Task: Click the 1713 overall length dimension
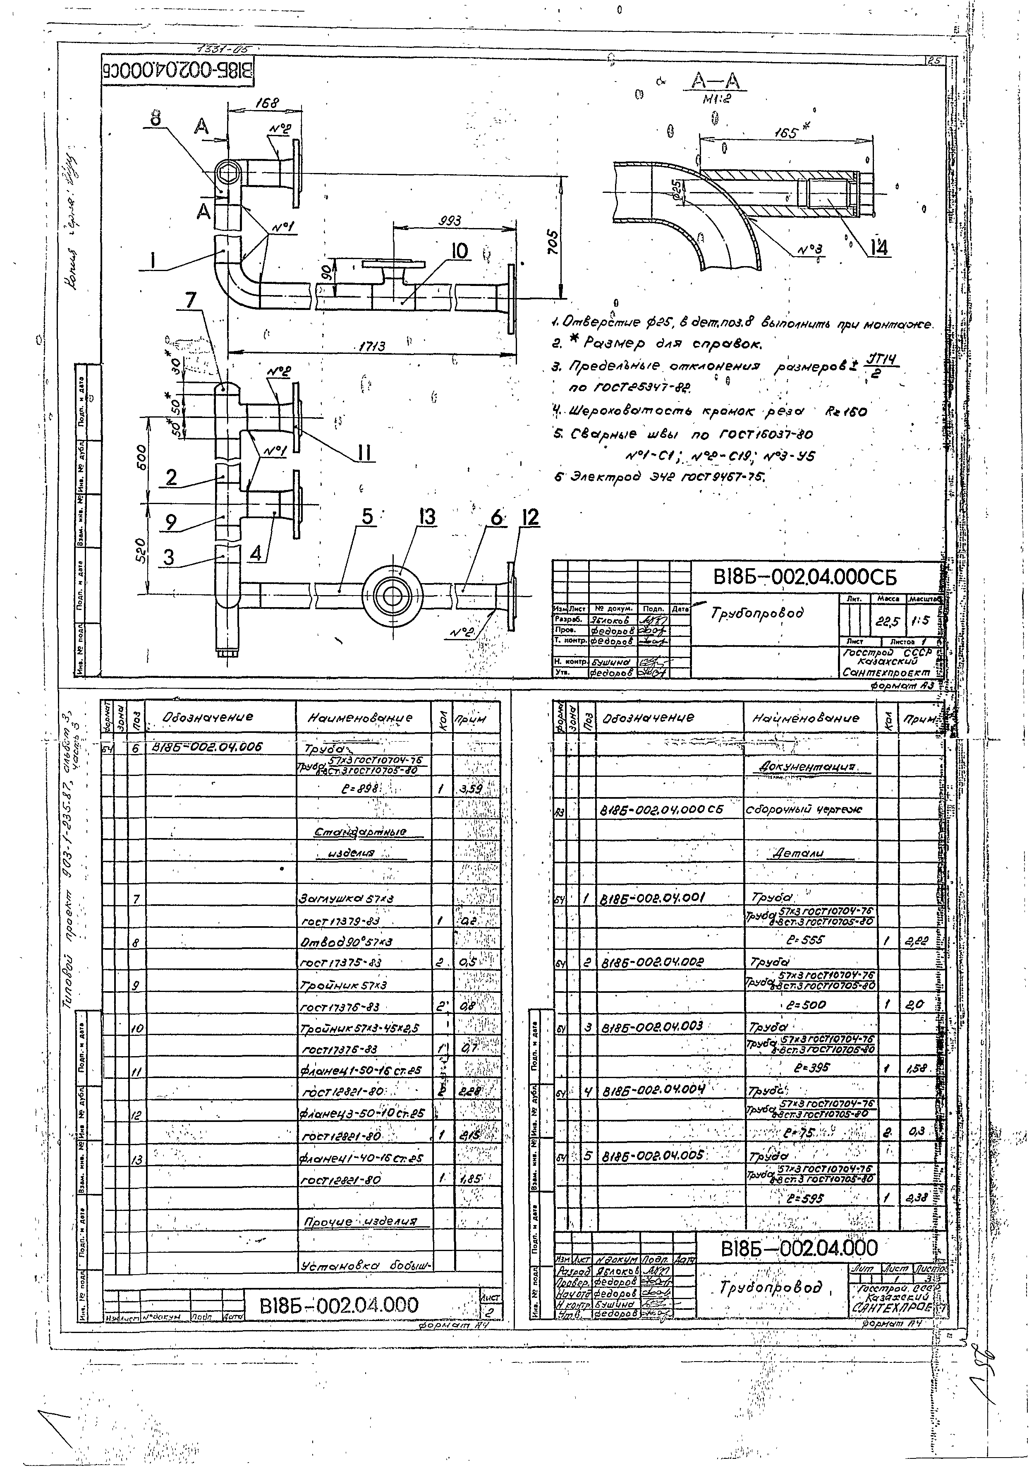pyautogui.click(x=372, y=346)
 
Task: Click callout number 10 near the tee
pyautogui.click(x=460, y=252)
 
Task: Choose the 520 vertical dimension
pyautogui.click(x=142, y=549)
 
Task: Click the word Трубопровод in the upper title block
pyautogui.click(x=756, y=613)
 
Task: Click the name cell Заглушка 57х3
pyautogui.click(x=345, y=898)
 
